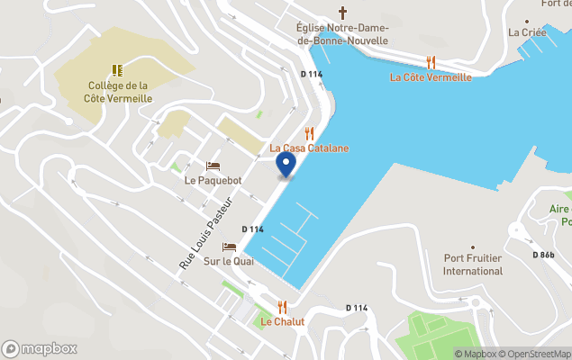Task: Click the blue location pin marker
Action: coord(285,165)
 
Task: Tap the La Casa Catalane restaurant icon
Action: coord(310,133)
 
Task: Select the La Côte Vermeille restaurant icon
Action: coord(431,62)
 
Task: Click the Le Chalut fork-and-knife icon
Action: coord(282,307)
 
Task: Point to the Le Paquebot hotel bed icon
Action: coord(213,166)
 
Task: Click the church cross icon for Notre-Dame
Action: coord(341,13)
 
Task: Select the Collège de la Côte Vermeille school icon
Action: coord(116,69)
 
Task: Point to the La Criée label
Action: coord(527,32)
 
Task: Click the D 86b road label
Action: coord(543,255)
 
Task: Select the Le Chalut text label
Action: coord(283,321)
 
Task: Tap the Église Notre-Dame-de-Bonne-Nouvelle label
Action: coord(342,34)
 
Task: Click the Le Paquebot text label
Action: coord(213,180)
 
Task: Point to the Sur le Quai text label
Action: coord(229,261)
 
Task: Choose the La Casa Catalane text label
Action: coord(310,148)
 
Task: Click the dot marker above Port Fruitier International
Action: coord(473,247)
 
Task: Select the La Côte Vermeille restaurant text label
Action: coord(431,77)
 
